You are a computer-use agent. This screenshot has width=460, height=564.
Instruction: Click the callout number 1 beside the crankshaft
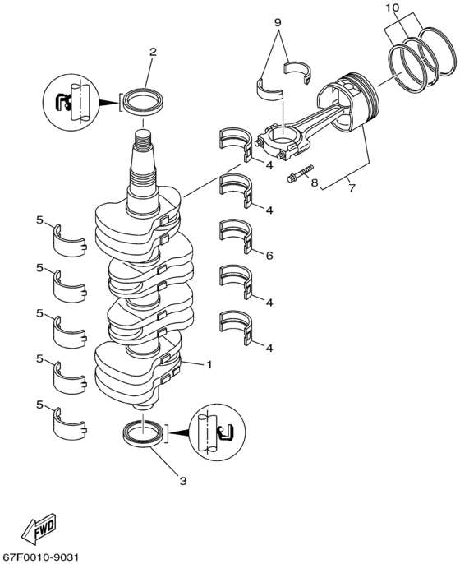pyautogui.click(x=209, y=364)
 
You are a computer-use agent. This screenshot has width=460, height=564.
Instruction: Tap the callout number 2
pyautogui.click(x=152, y=53)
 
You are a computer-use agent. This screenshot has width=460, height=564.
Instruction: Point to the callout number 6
pyautogui.click(x=269, y=257)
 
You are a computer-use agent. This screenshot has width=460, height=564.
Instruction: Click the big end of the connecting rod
pyautogui.click(x=281, y=136)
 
